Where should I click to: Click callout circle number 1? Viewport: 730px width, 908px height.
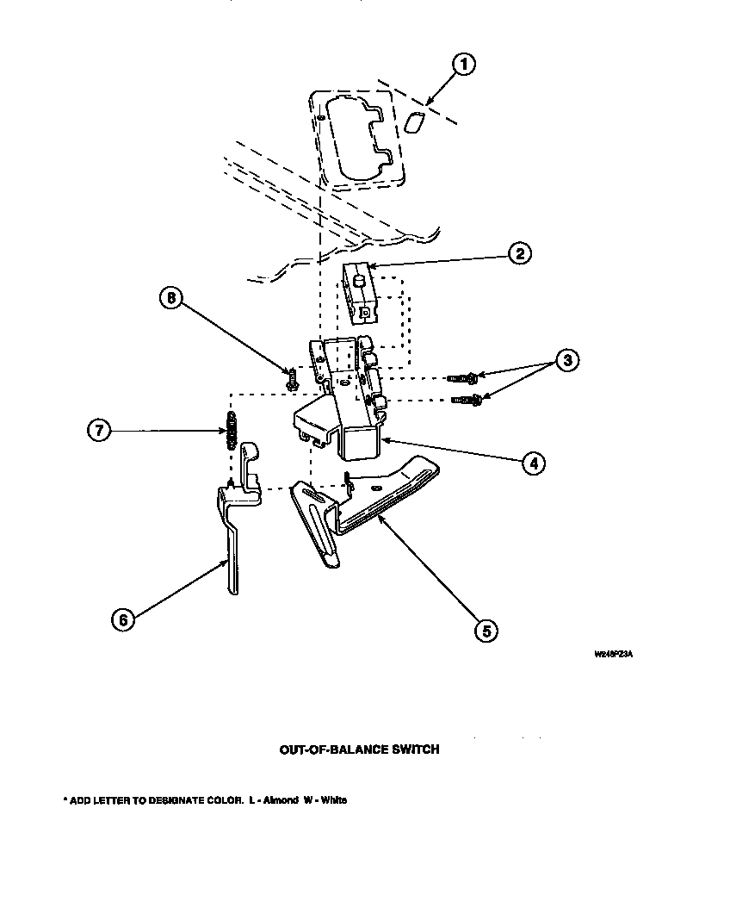(464, 65)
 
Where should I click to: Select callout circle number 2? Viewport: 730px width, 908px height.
(518, 254)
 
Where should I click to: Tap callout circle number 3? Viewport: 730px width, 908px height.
(566, 361)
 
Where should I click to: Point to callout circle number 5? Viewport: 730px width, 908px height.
(486, 631)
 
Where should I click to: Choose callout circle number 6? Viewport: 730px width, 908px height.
(123, 619)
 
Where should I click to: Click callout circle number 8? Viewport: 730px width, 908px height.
(170, 299)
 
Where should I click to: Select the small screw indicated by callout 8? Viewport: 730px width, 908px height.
(291, 376)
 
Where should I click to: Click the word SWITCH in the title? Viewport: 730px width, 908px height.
(415, 749)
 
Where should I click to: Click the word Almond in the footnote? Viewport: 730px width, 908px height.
(281, 800)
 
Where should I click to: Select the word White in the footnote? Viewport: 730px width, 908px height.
(333, 800)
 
